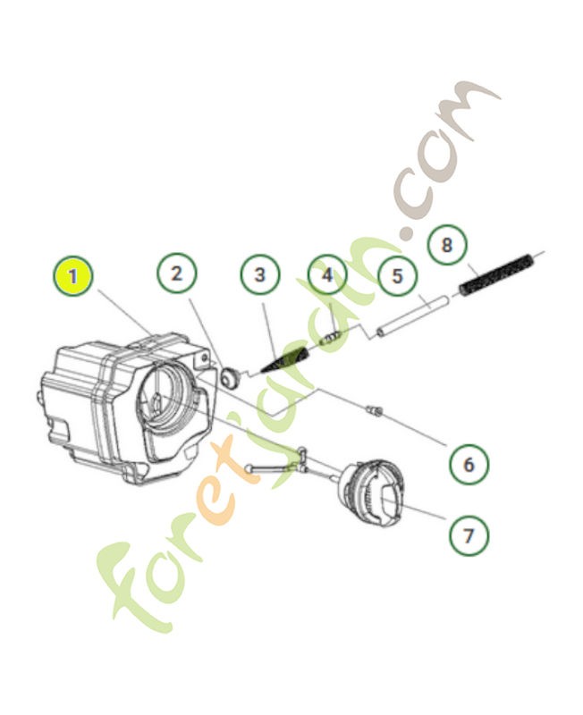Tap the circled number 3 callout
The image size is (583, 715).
point(260,274)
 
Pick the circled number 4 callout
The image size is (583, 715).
point(327,275)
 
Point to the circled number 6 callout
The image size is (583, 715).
point(469,464)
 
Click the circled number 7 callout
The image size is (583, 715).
point(469,534)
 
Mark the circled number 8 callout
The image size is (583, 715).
point(447,244)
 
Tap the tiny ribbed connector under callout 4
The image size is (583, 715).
point(332,338)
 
